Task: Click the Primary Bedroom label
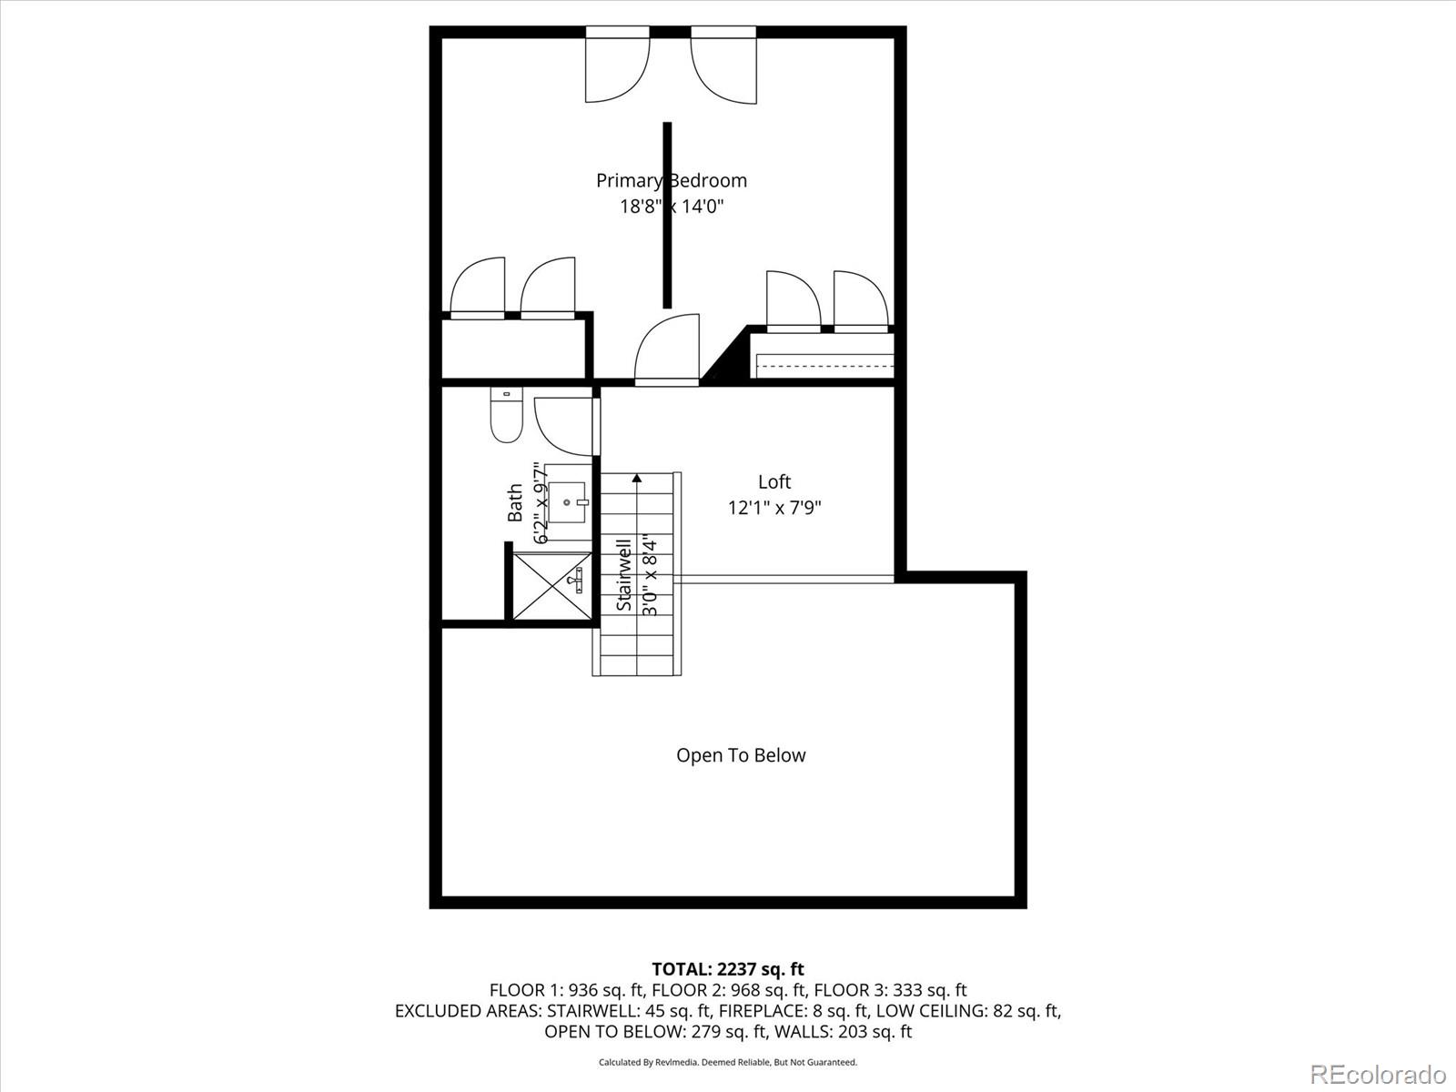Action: (x=672, y=180)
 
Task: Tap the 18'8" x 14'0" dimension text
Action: (x=672, y=207)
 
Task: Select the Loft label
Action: (x=774, y=481)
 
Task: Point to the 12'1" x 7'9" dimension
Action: (x=774, y=508)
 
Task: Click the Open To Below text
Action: (x=741, y=755)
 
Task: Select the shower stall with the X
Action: (x=551, y=586)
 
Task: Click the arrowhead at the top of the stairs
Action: (x=637, y=477)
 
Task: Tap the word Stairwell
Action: (x=624, y=575)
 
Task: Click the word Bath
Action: (x=515, y=502)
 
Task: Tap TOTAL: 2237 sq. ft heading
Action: (x=728, y=969)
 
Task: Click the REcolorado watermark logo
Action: (x=1378, y=1074)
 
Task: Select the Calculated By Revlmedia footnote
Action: (x=728, y=1062)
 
